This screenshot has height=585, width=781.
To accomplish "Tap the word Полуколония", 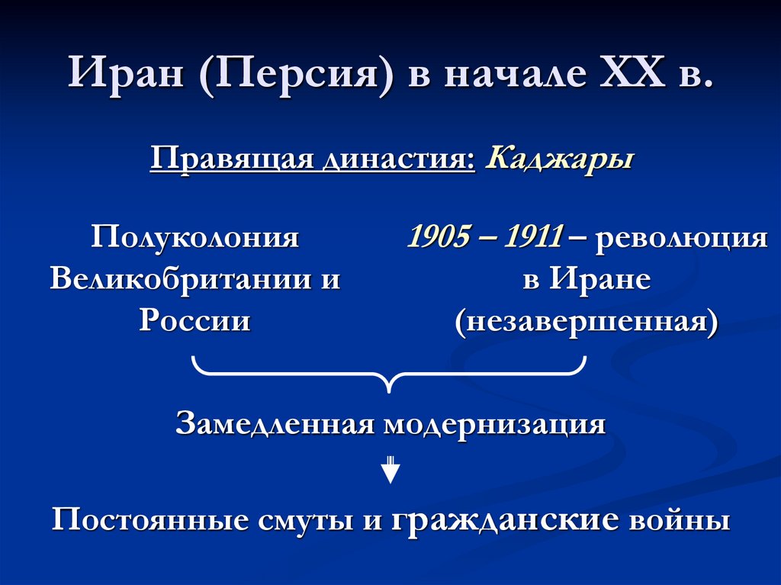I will pyautogui.click(x=194, y=238).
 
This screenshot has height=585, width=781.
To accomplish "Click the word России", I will pyautogui.click(x=194, y=320).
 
